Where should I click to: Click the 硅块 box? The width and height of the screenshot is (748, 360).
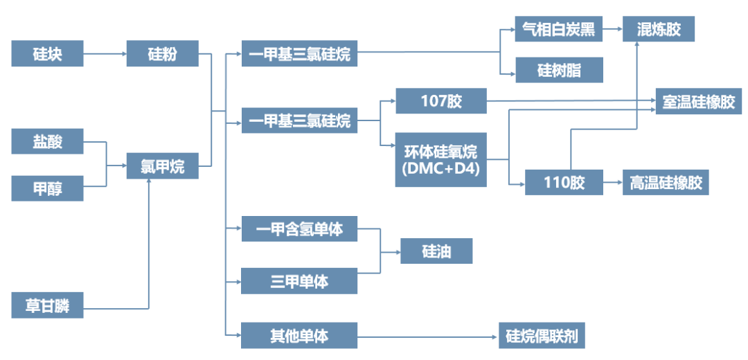(x=47, y=53)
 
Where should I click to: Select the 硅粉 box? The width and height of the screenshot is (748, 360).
(x=162, y=53)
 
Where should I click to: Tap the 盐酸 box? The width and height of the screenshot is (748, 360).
(x=47, y=142)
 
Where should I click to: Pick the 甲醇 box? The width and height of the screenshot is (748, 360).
(x=47, y=188)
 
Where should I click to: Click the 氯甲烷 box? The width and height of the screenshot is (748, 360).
(x=162, y=166)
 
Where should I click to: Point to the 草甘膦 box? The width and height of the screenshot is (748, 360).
(x=47, y=305)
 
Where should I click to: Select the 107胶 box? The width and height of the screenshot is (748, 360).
(x=440, y=101)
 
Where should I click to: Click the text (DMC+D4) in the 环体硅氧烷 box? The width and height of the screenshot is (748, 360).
(x=440, y=168)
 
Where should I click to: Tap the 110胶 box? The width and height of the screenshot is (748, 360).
(x=563, y=183)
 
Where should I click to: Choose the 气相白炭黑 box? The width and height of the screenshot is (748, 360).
(x=558, y=29)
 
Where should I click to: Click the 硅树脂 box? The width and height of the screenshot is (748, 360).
(x=558, y=71)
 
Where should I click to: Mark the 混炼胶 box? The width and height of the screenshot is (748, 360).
(x=658, y=29)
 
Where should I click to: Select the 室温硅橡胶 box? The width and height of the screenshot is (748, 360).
(x=698, y=102)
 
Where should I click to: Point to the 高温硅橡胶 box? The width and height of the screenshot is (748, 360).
(x=666, y=183)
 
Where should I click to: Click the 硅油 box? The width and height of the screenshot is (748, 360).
(x=436, y=251)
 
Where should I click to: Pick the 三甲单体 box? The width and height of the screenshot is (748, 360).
(x=299, y=281)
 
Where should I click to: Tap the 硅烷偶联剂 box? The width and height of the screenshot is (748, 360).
(x=542, y=336)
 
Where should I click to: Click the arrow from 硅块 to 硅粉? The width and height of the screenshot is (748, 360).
(x=105, y=53)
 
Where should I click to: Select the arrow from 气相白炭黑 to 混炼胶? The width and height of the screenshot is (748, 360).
(x=612, y=29)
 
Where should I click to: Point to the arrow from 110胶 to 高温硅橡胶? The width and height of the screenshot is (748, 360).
(x=612, y=183)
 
